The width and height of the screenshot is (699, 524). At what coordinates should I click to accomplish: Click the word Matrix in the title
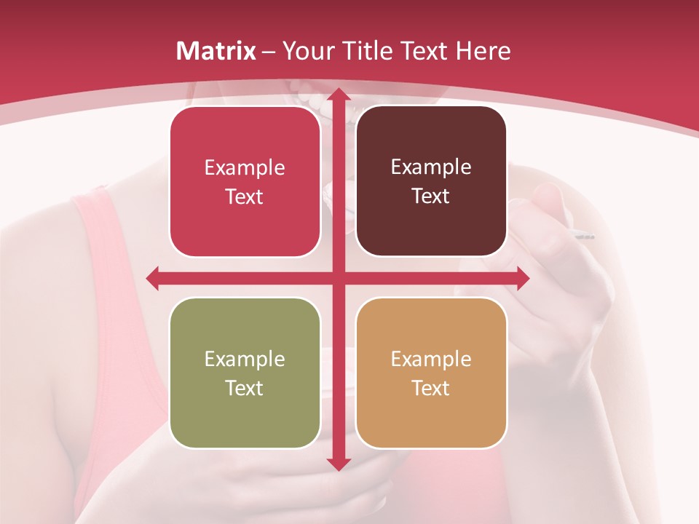point(216,51)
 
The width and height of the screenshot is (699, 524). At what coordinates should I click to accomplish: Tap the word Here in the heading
point(483,51)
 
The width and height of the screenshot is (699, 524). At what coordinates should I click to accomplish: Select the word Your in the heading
point(306,51)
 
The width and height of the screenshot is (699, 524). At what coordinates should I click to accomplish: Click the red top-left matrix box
point(245,182)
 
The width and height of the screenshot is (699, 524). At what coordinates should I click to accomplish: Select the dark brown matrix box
point(431,181)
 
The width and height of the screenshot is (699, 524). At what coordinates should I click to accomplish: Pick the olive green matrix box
point(245,373)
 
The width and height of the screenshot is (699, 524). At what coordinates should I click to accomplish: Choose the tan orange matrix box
point(431,373)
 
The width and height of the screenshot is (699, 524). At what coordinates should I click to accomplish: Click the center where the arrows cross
point(338,278)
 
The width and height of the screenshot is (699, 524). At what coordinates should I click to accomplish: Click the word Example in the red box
point(245,168)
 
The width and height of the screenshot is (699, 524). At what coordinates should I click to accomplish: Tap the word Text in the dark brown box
point(431,196)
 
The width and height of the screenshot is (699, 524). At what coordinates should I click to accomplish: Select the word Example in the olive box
point(245,359)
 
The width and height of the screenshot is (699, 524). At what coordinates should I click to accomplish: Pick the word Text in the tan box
point(431,388)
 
